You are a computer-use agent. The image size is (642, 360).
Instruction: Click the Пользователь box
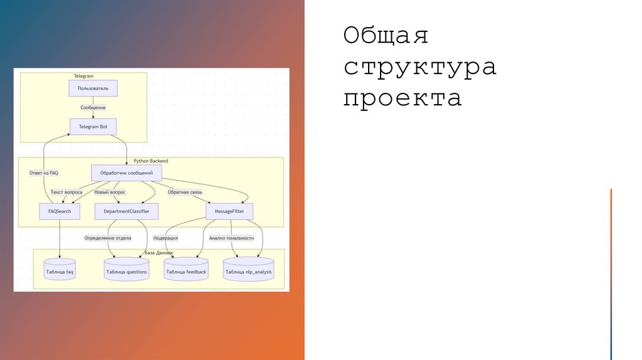point(93,88)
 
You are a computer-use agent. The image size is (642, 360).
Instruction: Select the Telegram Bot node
point(93,127)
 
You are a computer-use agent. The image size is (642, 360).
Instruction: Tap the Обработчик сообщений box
point(126,172)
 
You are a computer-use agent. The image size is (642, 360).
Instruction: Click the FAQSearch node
point(60,211)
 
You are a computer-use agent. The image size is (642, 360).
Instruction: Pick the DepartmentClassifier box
point(126,211)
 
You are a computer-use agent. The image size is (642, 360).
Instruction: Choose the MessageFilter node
point(229,211)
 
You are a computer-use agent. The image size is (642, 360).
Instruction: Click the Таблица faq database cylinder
point(60,271)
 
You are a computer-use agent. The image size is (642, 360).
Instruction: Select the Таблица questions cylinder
point(126,271)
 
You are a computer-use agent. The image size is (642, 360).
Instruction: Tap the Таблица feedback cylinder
point(186,271)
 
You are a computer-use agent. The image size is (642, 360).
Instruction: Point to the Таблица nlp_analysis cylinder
point(248,271)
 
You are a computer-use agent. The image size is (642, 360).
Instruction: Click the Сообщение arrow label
point(93,108)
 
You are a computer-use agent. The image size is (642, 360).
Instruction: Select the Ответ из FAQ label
point(44,172)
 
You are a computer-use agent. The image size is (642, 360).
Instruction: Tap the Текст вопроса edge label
point(66,192)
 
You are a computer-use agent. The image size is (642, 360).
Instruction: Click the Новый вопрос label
point(110,192)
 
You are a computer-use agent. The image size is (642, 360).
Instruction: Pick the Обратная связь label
point(185,192)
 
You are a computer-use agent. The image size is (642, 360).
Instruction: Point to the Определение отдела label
point(108,238)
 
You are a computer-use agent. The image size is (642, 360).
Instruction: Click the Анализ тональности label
point(231,238)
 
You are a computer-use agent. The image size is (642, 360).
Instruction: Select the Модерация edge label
point(166,238)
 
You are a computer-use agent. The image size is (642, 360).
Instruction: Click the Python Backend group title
point(150,161)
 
